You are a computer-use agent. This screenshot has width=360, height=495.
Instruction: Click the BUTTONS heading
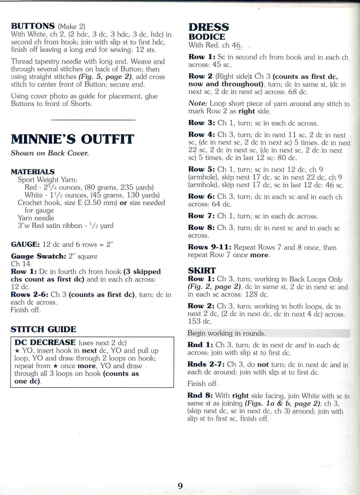[x=33, y=26]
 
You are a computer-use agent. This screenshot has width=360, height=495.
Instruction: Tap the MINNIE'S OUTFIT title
[x=72, y=139]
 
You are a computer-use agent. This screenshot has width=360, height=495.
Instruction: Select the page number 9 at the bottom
[x=180, y=486]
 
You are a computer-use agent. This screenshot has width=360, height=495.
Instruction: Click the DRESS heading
[x=209, y=27]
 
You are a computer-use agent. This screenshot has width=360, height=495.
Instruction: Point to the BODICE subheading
[x=207, y=37]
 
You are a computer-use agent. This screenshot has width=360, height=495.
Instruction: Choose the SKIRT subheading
[x=202, y=271]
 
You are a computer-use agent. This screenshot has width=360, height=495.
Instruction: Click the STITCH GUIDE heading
[x=43, y=329]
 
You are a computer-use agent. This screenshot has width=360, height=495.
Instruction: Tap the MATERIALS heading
[x=33, y=172]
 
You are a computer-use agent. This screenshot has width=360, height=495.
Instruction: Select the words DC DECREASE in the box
[x=45, y=343]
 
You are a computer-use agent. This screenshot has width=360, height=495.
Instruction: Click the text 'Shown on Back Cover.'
[x=50, y=153]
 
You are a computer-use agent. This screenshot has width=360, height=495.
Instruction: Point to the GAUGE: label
[x=25, y=244]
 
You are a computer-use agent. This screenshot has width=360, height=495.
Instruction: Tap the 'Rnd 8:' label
[x=200, y=396]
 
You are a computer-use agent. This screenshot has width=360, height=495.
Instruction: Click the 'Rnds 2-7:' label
[x=206, y=364]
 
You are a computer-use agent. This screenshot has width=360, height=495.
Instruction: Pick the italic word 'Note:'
[x=198, y=104]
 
